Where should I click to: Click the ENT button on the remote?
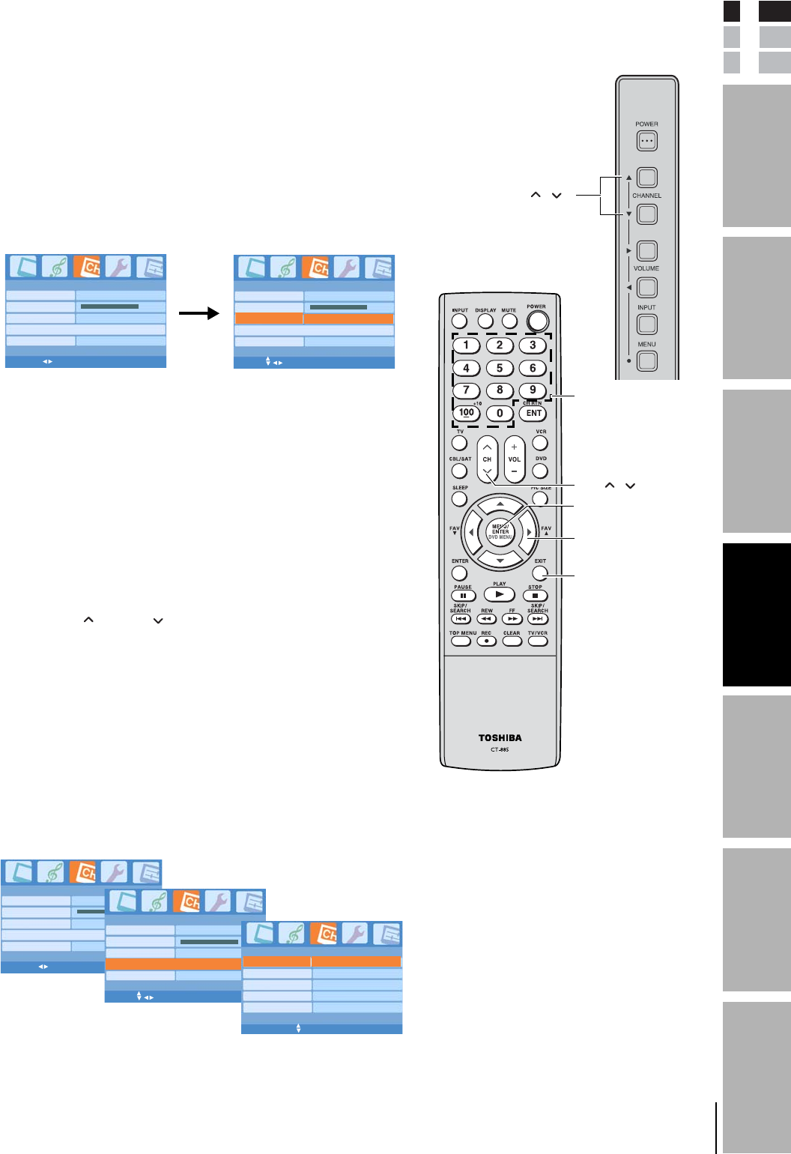[533, 413]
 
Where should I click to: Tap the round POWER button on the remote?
[537, 321]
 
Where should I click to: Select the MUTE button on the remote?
[509, 321]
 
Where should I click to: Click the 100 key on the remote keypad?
[467, 413]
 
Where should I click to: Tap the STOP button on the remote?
[535, 596]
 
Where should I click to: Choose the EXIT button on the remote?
[540, 573]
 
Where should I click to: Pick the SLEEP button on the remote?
[460, 499]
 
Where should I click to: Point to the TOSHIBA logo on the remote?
[500, 738]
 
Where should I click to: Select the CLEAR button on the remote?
[512, 641]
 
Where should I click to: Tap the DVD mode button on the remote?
[540, 471]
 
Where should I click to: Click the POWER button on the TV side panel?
[646, 140]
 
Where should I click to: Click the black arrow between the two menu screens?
[198, 313]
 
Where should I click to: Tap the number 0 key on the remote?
[500, 413]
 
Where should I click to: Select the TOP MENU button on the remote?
[461, 641]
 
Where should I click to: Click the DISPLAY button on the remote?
[485, 321]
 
